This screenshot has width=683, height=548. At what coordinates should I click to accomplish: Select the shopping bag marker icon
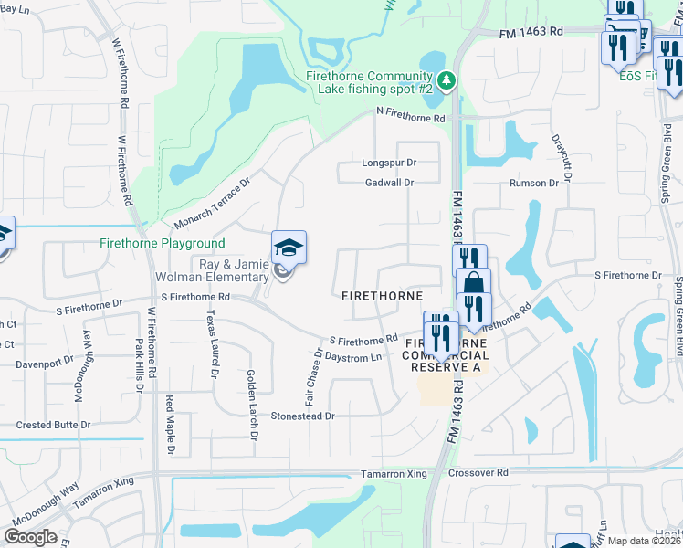[x=473, y=284]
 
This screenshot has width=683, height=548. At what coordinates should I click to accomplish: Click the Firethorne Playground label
[x=163, y=244]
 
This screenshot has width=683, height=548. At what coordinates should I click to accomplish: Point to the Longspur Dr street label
[x=389, y=163]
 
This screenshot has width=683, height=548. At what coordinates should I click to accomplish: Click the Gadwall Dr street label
[x=389, y=183]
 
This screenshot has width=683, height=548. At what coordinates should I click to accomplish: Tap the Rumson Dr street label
[x=535, y=183]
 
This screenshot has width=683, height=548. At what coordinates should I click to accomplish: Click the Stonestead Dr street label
[x=303, y=416]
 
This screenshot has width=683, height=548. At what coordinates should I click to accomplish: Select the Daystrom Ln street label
[x=352, y=357]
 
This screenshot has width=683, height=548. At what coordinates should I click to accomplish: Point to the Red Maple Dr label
[x=170, y=426]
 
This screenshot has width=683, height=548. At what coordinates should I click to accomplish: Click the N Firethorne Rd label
[x=411, y=119]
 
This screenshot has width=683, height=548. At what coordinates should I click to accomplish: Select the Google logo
[x=31, y=537]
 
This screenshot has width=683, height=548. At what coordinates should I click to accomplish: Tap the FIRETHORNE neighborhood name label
[x=382, y=296]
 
